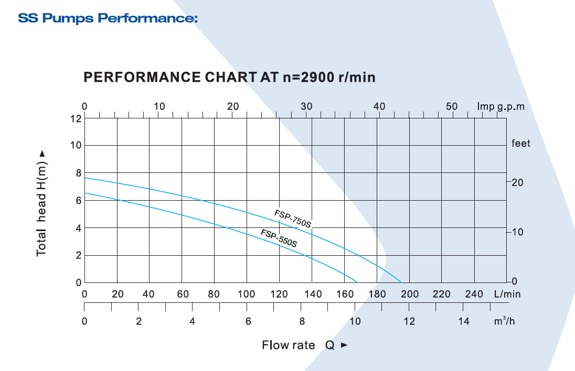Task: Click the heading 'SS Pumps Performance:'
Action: click(x=108, y=19)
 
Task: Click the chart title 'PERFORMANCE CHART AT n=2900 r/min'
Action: click(x=229, y=78)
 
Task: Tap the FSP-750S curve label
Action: click(x=293, y=219)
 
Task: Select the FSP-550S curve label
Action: click(x=279, y=238)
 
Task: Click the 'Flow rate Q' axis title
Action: click(x=298, y=345)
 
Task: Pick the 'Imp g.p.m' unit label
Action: click(x=501, y=107)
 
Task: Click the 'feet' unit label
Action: click(x=520, y=144)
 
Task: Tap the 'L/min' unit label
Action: click(x=507, y=294)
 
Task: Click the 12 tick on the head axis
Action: click(x=76, y=118)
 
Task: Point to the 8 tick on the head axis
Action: click(x=78, y=173)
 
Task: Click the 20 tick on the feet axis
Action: click(x=518, y=182)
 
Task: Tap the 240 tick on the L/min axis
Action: click(x=474, y=294)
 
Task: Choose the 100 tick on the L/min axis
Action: click(x=246, y=294)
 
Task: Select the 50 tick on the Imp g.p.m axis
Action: click(x=452, y=107)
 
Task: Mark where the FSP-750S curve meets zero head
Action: click(x=401, y=282)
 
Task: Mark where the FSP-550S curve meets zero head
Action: click(x=357, y=282)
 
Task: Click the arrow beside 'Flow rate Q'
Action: click(x=344, y=345)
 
